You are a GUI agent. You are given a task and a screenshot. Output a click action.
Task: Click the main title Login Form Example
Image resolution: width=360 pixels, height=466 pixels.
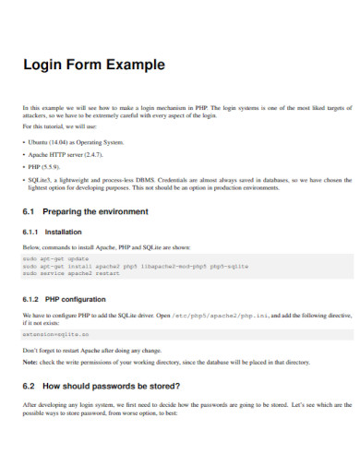[x=93, y=66]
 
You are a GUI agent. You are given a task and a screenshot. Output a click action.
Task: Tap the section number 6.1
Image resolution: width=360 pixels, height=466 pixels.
[x=30, y=211]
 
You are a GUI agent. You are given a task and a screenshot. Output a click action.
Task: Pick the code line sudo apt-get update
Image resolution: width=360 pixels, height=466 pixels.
[x=54, y=259]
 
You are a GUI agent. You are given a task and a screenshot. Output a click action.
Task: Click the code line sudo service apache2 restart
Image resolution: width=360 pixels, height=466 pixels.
[x=68, y=274]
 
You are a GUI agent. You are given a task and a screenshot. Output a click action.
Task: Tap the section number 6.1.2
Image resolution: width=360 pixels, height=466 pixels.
[x=32, y=300]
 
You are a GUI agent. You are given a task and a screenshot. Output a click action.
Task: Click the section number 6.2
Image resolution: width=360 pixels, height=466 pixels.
[x=30, y=385]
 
